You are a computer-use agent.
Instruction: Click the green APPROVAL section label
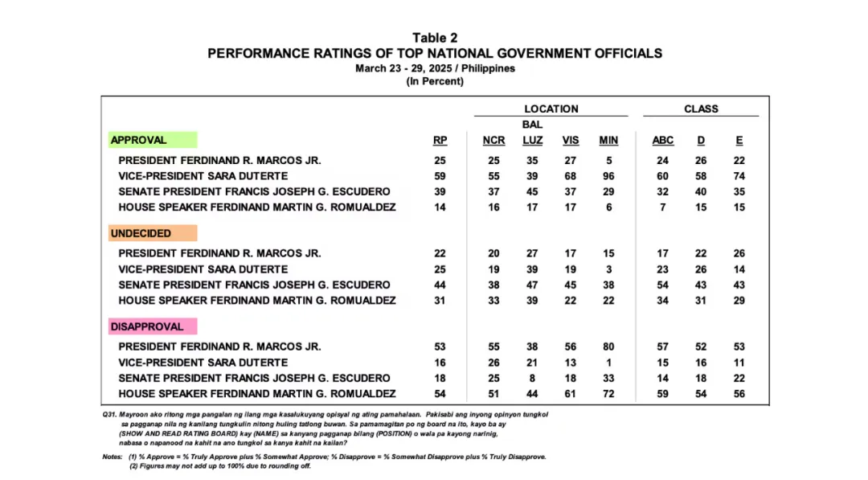[x=139, y=140]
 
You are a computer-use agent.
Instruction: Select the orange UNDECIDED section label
[x=141, y=233]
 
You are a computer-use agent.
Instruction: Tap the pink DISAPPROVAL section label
[x=147, y=326]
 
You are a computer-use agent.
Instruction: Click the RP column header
[x=440, y=140]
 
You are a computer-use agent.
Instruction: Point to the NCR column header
[x=493, y=140]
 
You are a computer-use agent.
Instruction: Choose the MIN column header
[x=608, y=140]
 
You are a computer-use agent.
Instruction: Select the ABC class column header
[x=663, y=140]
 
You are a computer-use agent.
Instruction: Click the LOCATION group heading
[x=551, y=109]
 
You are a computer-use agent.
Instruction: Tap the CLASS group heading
[x=701, y=109]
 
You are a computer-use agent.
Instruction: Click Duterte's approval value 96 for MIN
[x=608, y=176]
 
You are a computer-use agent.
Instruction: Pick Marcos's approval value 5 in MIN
[x=608, y=160]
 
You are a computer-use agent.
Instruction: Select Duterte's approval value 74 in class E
[x=739, y=176]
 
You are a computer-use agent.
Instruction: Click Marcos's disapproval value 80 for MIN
[x=608, y=347]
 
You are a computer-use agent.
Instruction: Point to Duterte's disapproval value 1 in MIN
[x=608, y=363]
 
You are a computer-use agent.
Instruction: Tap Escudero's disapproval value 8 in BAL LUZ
[x=532, y=378]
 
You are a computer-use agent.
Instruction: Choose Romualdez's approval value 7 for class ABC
[x=663, y=207]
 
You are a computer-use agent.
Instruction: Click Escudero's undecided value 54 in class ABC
[x=663, y=285]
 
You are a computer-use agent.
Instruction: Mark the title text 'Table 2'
[x=435, y=38]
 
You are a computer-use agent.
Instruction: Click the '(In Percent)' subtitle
[x=435, y=81]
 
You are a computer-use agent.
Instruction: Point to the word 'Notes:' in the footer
[x=113, y=457]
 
